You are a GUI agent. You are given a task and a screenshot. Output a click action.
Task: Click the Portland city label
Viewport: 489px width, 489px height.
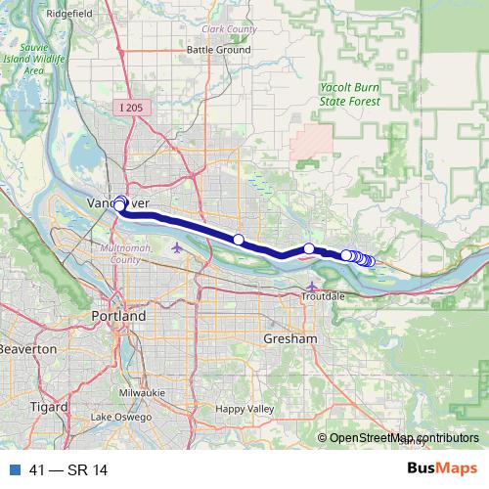point(118,317)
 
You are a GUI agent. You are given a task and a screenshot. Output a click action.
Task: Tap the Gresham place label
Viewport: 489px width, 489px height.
point(291,338)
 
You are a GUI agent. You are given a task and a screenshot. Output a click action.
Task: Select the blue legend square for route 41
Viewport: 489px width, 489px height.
point(12,468)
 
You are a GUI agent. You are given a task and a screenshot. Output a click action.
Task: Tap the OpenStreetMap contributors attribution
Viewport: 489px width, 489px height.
point(404,438)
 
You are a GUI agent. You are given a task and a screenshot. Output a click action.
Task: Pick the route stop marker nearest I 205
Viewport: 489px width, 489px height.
point(238,239)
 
